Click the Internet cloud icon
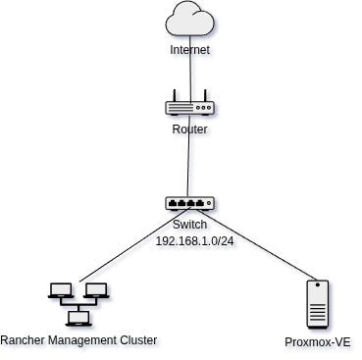tap(190, 18)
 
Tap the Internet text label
tap(189, 50)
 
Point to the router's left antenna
tap(175, 95)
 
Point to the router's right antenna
tap(205, 95)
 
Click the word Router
tap(189, 129)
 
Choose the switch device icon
tap(189, 203)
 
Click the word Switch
tap(189, 225)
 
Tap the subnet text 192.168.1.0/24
tap(194, 241)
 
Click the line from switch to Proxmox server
tap(256, 244)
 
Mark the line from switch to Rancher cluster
tap(133, 244)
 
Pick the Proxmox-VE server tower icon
tap(318, 304)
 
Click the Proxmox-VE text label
tap(318, 342)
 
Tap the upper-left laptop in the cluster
tap(61, 290)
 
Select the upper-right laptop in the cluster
tap(96, 290)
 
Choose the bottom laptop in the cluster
tap(78, 319)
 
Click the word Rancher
tap(23, 340)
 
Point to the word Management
tap(82, 341)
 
